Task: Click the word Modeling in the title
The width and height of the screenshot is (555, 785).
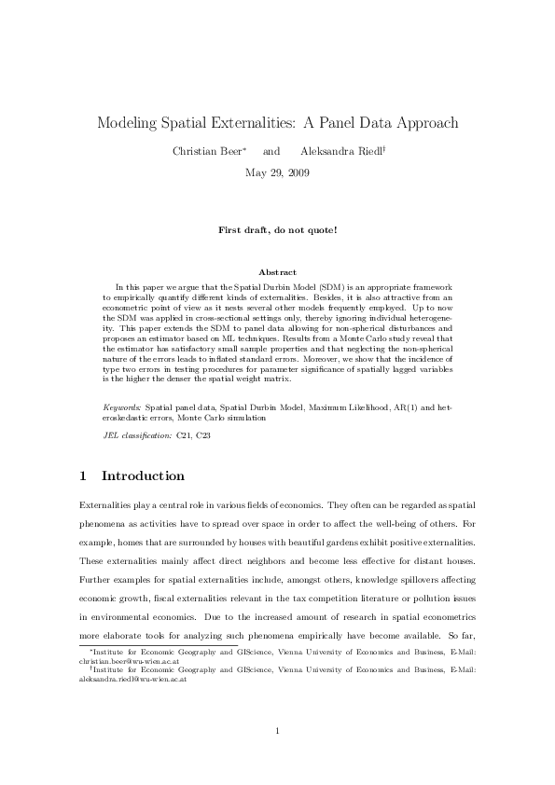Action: tap(132, 123)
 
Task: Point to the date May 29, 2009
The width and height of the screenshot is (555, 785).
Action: tap(277, 172)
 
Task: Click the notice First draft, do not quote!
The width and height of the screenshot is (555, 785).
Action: tap(277, 228)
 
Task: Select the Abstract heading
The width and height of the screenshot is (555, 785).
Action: tap(277, 271)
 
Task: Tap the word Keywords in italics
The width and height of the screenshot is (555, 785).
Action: tap(121, 408)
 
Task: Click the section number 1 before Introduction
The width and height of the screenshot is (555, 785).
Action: tap(85, 476)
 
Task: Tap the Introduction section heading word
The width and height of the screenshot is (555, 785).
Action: tap(143, 476)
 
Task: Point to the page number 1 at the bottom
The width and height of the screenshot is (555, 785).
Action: tap(277, 730)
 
